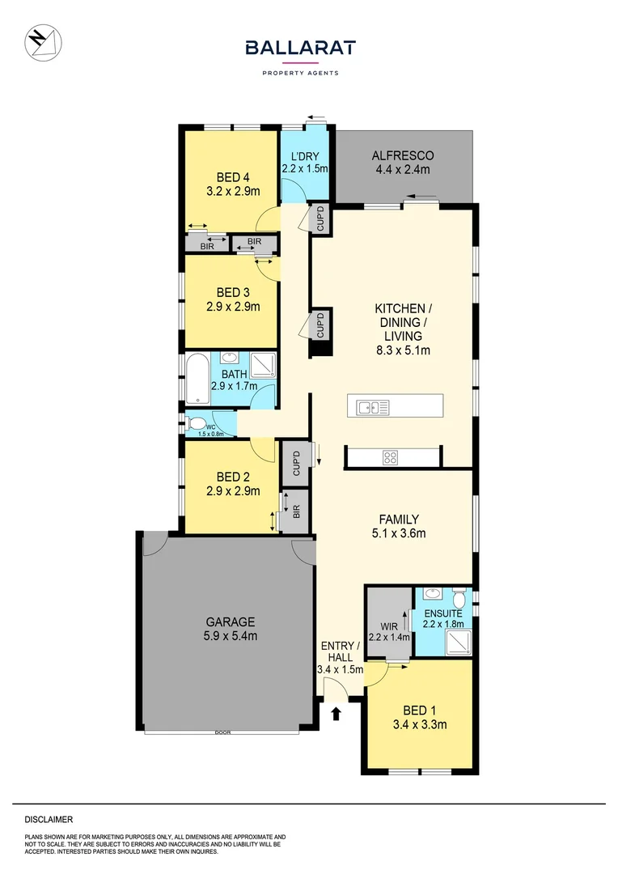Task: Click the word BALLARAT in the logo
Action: pos(300,49)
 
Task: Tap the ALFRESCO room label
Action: pos(403,155)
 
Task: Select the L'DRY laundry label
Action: pos(304,155)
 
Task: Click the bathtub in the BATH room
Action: pos(197,379)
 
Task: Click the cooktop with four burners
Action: pos(391,457)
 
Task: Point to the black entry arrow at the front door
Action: pos(337,713)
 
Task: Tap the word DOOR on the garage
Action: pos(222,732)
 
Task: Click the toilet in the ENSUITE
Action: pos(459,599)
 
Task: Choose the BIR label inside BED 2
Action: pos(297,511)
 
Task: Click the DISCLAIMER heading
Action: pos(49,820)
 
